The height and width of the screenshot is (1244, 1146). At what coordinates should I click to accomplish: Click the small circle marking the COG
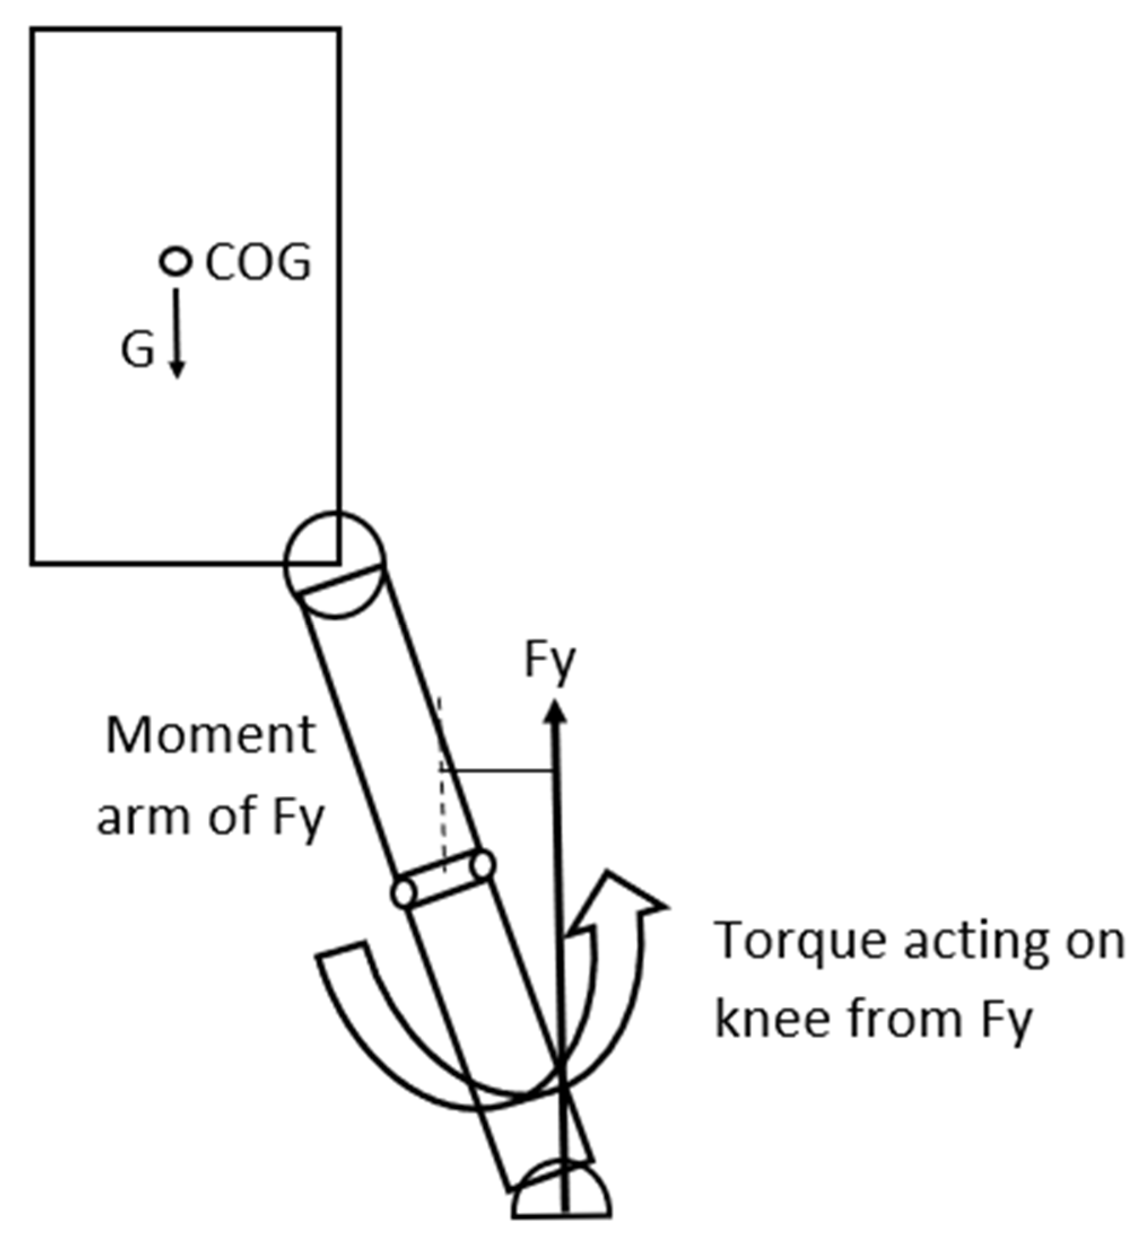[x=176, y=261]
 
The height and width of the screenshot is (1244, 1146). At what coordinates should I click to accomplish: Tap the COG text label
[x=257, y=263]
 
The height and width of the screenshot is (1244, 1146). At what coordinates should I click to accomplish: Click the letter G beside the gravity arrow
[x=137, y=350]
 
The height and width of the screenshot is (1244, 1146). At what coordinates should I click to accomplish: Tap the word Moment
[x=211, y=736]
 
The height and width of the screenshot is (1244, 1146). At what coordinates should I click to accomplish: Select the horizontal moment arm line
[x=496, y=771]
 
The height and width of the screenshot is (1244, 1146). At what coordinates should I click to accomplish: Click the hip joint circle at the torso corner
[x=335, y=564]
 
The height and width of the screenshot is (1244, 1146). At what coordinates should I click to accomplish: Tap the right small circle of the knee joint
[x=483, y=865]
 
